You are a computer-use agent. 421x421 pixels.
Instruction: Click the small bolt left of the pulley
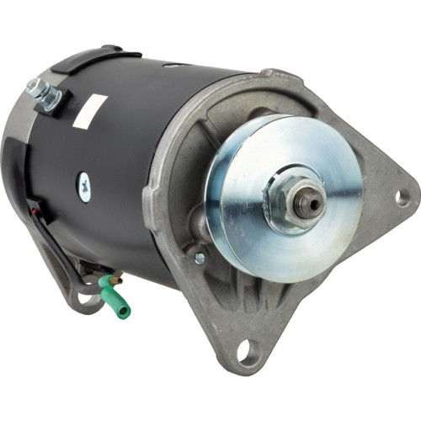click(200, 258)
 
